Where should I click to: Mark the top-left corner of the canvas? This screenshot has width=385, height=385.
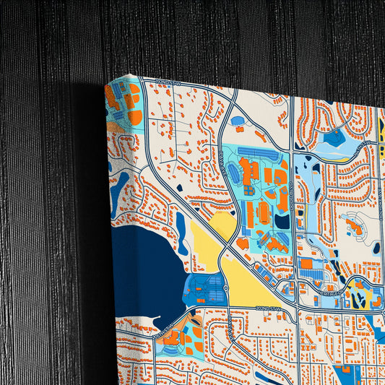[106, 85]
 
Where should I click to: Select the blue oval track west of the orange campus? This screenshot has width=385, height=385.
[235, 173]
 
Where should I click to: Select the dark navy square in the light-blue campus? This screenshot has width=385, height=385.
[249, 190]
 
